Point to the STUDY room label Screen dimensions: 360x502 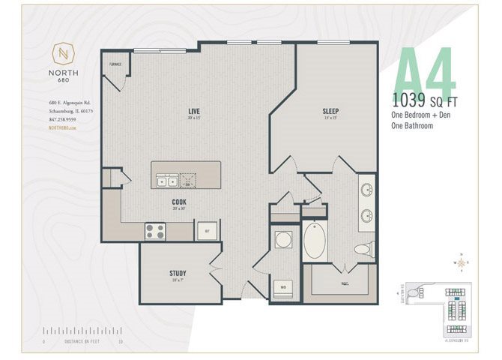(x=178, y=274)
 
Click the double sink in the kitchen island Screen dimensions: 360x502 (x=167, y=181)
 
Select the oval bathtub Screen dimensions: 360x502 (x=315, y=241)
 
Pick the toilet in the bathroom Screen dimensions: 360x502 (x=363, y=248)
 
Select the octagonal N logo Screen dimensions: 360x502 (x=64, y=55)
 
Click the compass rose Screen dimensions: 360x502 (x=461, y=263)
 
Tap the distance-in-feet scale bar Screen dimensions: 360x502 (x=83, y=331)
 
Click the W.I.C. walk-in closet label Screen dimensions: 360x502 (x=343, y=283)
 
